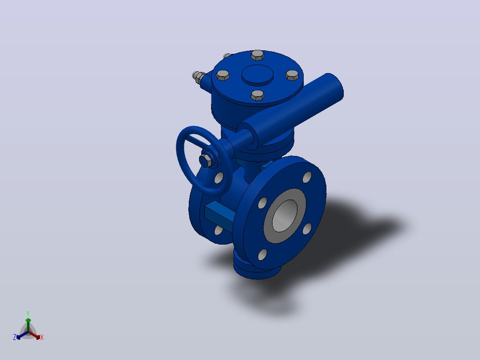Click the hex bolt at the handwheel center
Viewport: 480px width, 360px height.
206,160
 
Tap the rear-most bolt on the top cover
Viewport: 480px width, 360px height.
257,55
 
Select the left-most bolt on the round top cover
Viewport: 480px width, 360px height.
223,75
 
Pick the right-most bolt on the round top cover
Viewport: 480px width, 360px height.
293,75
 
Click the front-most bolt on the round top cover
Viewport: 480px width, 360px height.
257,96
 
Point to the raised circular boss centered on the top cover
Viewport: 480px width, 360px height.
257,75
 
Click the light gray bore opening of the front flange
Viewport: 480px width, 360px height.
285,216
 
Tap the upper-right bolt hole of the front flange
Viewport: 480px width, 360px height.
307,177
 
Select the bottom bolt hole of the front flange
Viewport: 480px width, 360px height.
262,254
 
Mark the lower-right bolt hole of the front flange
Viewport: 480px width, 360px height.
307,229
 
